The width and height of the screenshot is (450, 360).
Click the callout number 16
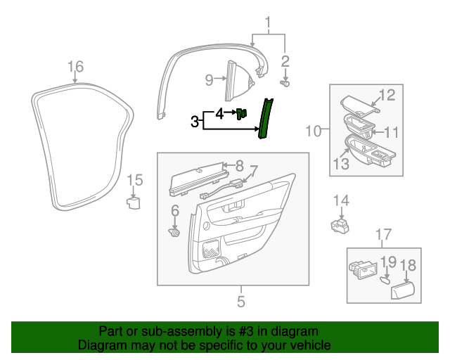click(75, 67)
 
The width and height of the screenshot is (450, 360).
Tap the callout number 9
click(209, 80)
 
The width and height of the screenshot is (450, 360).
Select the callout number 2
click(285, 60)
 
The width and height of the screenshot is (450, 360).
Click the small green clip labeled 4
click(243, 113)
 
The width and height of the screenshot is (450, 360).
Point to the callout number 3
click(195, 122)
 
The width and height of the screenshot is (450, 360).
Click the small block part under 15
click(133, 203)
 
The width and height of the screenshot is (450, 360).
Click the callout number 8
click(239, 166)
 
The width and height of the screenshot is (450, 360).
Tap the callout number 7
click(255, 171)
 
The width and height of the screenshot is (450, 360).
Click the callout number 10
click(313, 131)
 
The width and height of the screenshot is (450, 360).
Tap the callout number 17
click(382, 234)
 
